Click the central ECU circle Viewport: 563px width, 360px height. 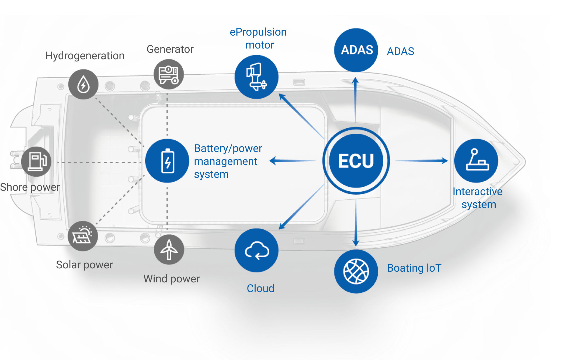point(356,161)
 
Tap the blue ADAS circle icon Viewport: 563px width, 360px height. point(356,50)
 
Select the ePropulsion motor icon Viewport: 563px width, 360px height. point(256,77)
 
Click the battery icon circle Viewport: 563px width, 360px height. point(167,161)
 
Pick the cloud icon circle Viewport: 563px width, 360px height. point(256,250)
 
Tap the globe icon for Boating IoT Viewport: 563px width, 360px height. point(356,271)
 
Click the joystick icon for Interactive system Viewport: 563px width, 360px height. point(476,161)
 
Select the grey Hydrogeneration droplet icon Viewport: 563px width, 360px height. point(83,84)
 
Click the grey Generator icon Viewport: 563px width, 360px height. point(169,74)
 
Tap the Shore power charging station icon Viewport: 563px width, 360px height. point(36,162)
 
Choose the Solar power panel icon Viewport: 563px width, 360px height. point(83,236)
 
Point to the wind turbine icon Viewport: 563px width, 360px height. point(169,250)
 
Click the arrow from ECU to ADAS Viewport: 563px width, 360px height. point(356,100)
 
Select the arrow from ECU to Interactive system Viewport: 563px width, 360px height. point(422,161)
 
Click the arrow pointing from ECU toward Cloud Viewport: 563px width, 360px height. point(302,207)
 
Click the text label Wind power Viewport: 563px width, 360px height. point(172,279)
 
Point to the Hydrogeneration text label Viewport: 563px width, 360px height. point(85,56)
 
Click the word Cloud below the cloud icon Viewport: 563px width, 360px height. point(260,289)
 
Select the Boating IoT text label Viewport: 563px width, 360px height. point(414,268)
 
